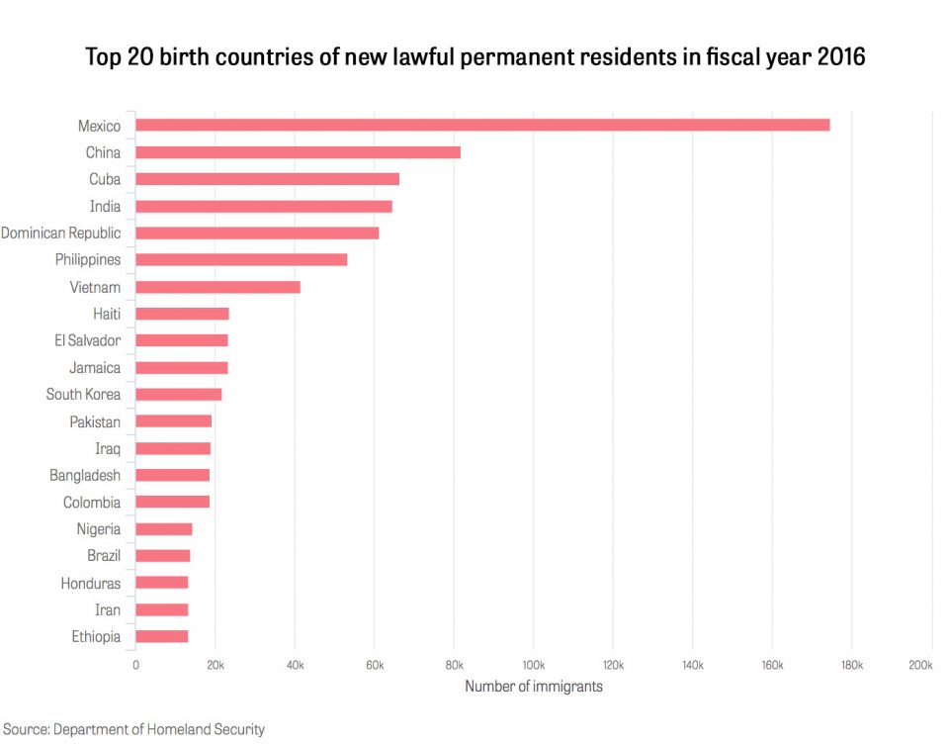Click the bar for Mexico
(x=482, y=126)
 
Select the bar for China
(x=298, y=152)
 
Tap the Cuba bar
(x=267, y=179)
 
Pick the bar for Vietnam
(x=217, y=287)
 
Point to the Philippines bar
(x=241, y=259)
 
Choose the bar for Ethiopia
(x=161, y=636)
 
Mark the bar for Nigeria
(x=163, y=529)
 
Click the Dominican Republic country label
(x=61, y=233)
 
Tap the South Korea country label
(x=83, y=395)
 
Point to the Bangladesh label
(x=85, y=476)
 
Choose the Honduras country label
(x=91, y=584)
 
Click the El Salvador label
(x=88, y=340)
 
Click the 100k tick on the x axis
(x=534, y=666)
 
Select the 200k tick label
(x=919, y=666)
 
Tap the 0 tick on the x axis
(x=135, y=666)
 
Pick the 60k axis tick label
(x=374, y=666)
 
